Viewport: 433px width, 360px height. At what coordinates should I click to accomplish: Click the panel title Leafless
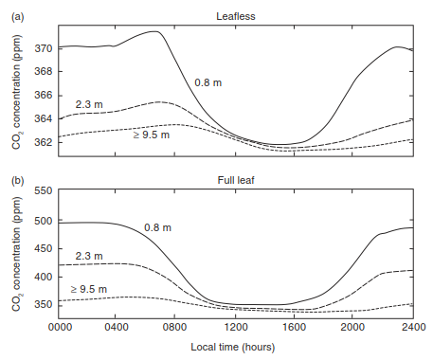pyautogui.click(x=236, y=16)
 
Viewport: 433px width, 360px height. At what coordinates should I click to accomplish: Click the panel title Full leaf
pyautogui.click(x=236, y=180)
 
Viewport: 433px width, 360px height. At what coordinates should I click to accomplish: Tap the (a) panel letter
pyautogui.click(x=18, y=16)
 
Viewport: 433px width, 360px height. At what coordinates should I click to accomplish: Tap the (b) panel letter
pyautogui.click(x=18, y=181)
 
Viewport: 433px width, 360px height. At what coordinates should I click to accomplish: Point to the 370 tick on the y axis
pyautogui.click(x=44, y=48)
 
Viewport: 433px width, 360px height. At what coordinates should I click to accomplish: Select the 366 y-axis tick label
pyautogui.click(x=44, y=95)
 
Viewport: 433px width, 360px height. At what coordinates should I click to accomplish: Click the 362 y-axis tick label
pyautogui.click(x=44, y=142)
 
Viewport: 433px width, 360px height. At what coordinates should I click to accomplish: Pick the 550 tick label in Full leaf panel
pyautogui.click(x=44, y=190)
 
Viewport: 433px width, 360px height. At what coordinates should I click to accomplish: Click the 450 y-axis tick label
pyautogui.click(x=44, y=248)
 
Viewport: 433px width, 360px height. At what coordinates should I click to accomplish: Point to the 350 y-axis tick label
pyautogui.click(x=44, y=305)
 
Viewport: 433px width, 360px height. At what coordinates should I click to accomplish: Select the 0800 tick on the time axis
pyautogui.click(x=174, y=327)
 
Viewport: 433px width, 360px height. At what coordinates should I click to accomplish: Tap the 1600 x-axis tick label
pyautogui.click(x=294, y=327)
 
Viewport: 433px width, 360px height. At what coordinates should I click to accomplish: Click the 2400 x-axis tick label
pyautogui.click(x=414, y=327)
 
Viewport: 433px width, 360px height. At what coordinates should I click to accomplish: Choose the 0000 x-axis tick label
pyautogui.click(x=60, y=327)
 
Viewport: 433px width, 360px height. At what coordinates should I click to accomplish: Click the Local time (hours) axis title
pyautogui.click(x=233, y=347)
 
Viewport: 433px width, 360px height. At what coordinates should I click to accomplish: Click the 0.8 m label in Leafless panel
pyautogui.click(x=208, y=82)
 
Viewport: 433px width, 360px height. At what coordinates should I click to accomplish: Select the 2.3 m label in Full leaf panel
pyautogui.click(x=89, y=256)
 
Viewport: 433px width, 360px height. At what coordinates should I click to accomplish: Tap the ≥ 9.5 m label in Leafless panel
pyautogui.click(x=152, y=135)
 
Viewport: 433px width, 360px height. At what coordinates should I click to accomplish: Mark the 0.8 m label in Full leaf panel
pyautogui.click(x=157, y=227)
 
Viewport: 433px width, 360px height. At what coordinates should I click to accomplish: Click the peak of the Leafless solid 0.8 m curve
pyautogui.click(x=155, y=31)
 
